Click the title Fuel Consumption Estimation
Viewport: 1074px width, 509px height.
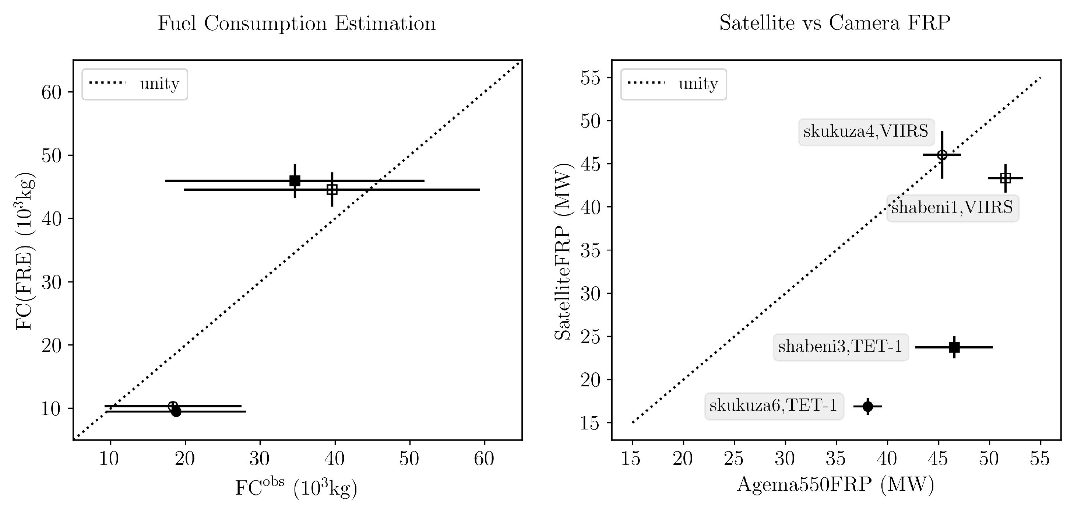296,23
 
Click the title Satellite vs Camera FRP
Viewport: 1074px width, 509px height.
834,23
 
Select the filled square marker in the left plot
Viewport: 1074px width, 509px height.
295,180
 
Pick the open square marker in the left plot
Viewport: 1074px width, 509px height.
332,189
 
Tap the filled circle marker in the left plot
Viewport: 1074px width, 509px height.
176,411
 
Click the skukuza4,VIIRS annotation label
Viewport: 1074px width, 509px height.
866,132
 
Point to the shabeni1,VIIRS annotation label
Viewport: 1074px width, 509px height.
952,208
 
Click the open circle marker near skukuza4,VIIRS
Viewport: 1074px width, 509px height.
942,155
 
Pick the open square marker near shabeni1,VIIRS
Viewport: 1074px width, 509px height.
1005,178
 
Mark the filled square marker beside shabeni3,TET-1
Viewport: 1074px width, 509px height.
954,347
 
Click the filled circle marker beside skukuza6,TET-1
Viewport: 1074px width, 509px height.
867,406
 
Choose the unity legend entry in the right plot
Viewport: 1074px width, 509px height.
673,84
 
